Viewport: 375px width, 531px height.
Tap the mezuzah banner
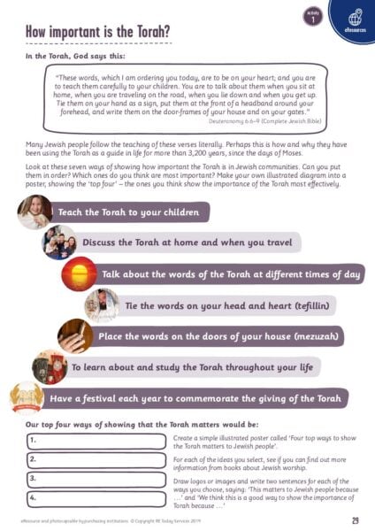216,336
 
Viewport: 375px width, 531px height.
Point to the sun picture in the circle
78,273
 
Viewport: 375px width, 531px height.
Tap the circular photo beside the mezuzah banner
74,336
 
